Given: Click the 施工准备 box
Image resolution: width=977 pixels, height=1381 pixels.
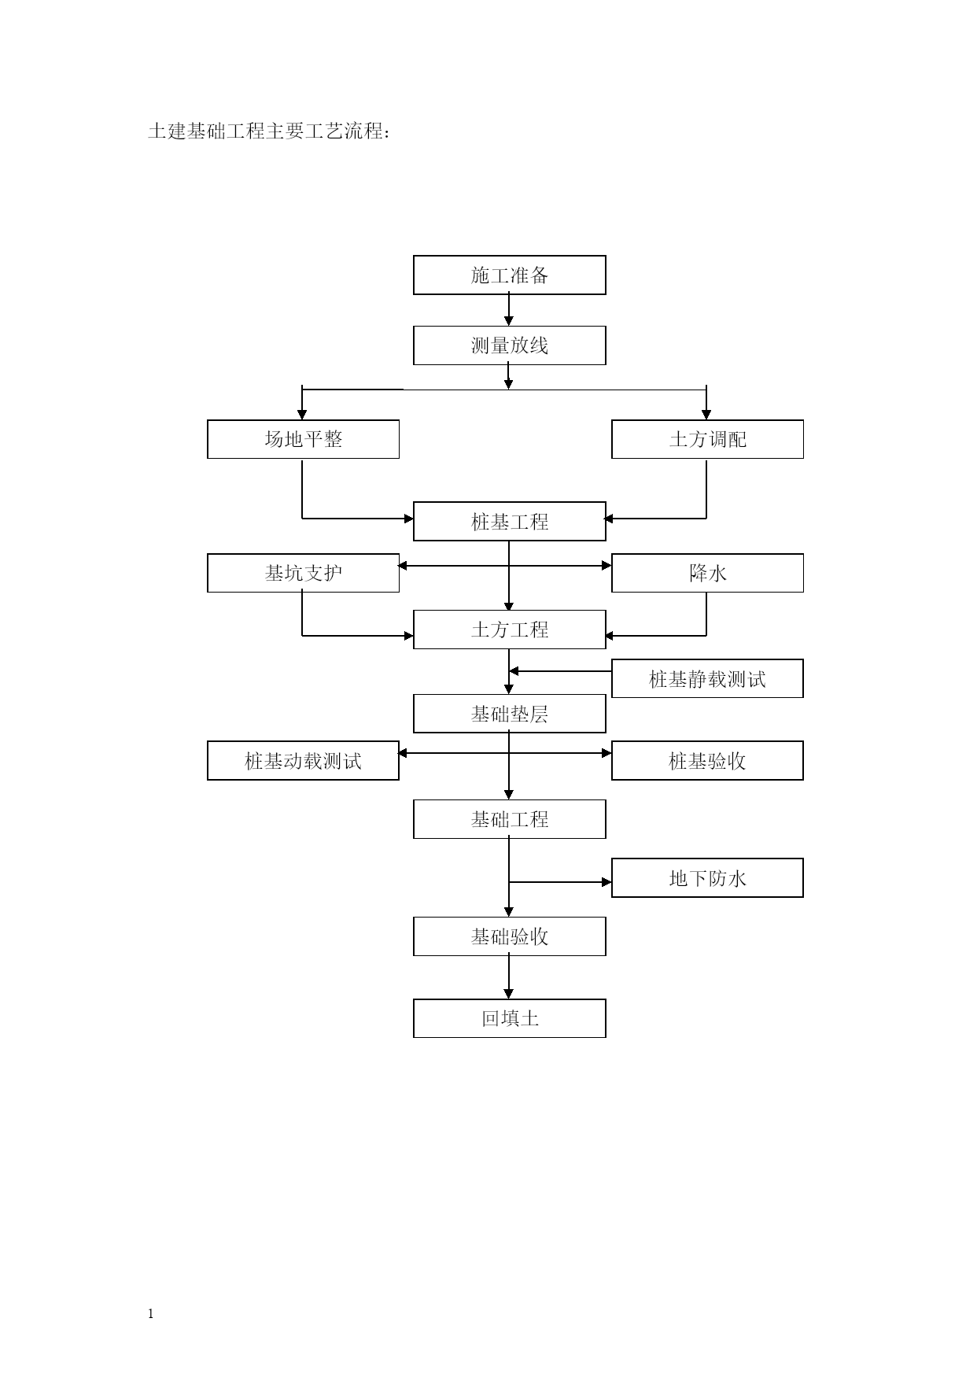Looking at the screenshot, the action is [510, 275].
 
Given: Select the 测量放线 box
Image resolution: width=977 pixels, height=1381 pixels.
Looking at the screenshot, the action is [510, 345].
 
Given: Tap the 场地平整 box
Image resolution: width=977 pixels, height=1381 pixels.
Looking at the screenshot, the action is [303, 439].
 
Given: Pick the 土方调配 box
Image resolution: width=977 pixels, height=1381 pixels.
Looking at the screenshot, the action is [707, 439].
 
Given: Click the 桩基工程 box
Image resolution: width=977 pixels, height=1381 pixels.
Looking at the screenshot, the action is [510, 521].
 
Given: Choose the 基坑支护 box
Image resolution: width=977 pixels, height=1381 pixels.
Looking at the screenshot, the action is [303, 573].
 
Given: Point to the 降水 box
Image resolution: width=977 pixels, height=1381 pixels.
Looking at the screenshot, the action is [707, 573].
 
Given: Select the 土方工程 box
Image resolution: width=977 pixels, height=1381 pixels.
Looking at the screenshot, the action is [510, 630].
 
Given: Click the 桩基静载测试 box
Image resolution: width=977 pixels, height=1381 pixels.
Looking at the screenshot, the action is [707, 678].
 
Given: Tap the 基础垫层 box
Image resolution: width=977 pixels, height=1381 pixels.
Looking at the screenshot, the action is [510, 714].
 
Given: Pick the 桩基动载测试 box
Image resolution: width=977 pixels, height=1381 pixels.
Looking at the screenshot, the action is [303, 761].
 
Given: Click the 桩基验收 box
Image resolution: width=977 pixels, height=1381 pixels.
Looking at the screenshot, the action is [707, 761].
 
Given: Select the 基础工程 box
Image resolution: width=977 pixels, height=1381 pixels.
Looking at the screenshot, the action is [510, 819].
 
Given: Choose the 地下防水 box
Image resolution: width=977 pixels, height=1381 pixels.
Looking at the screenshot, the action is [707, 878].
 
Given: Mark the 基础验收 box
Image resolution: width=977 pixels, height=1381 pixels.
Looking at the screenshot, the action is [510, 936].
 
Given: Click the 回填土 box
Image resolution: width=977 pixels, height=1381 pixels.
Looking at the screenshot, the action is [510, 1018].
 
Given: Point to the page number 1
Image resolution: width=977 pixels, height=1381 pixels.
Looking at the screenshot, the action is [151, 1314].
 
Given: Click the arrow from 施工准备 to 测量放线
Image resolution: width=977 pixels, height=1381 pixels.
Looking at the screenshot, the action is [509, 310].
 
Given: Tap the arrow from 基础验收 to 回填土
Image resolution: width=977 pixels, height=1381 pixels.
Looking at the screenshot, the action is [509, 977].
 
